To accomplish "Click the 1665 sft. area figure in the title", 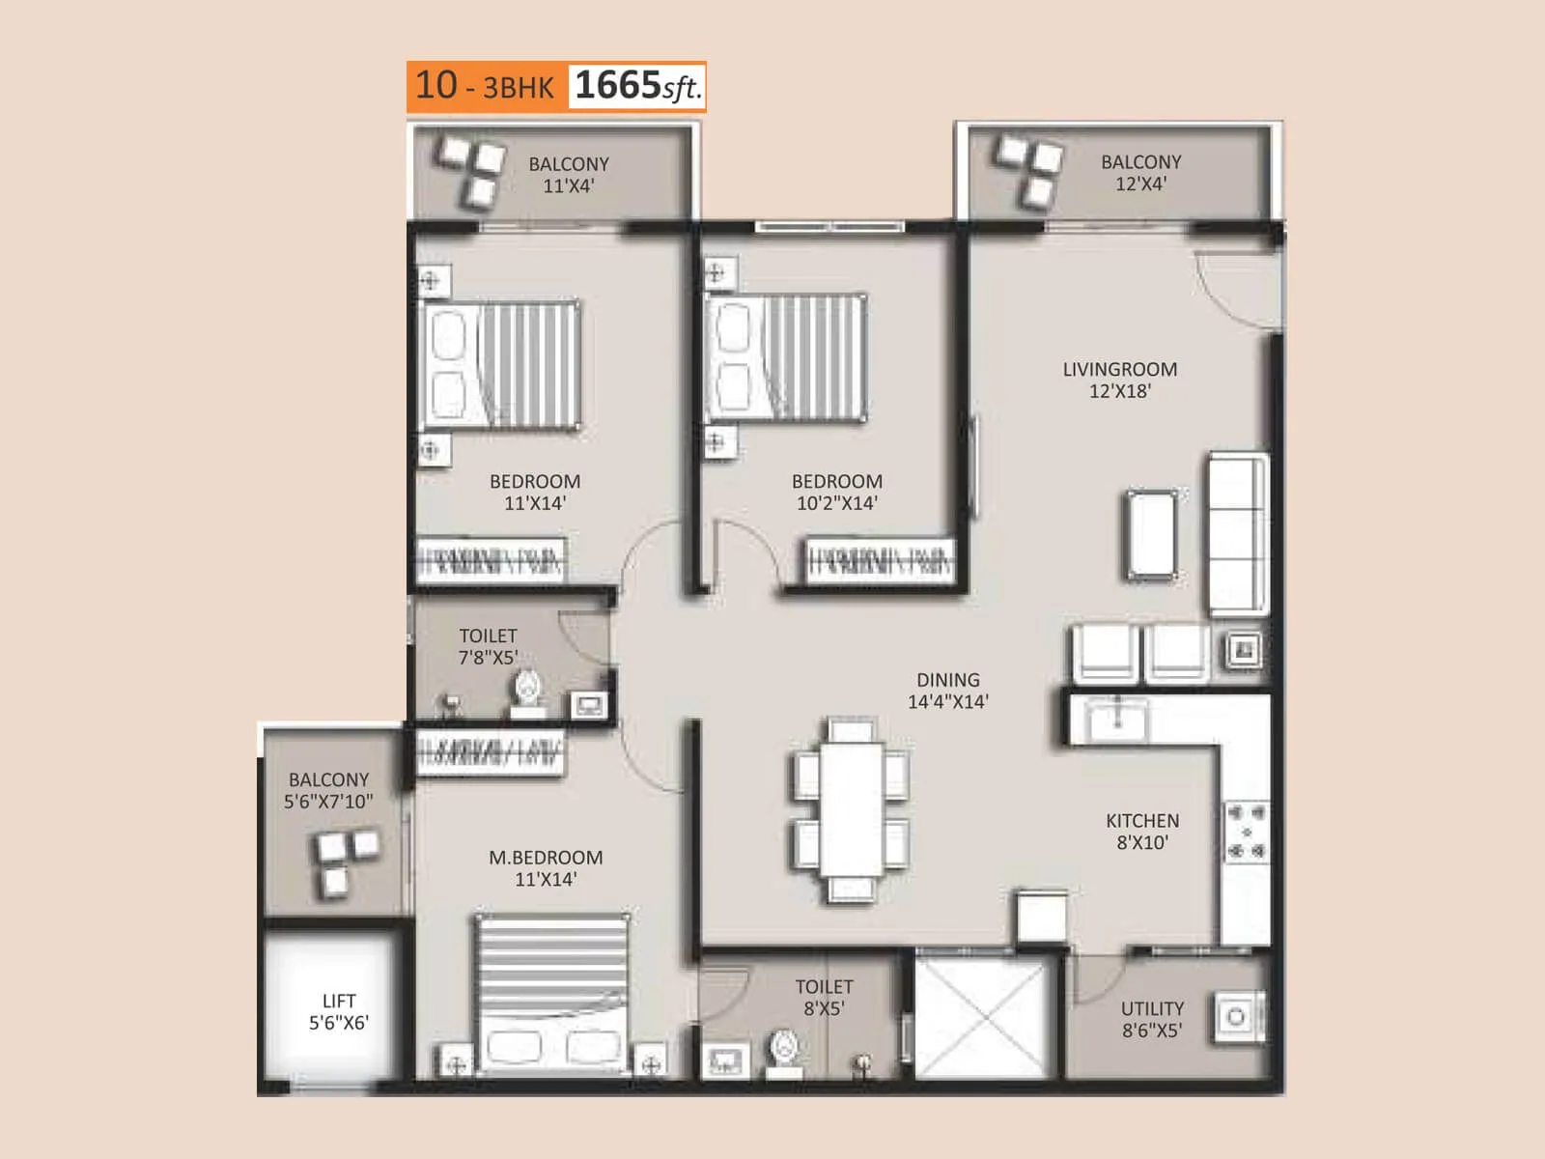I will (x=636, y=86).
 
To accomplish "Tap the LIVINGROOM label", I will (x=1119, y=369).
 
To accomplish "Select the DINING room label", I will (x=947, y=680).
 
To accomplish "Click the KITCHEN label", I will (x=1142, y=821).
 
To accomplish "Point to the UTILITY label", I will (x=1152, y=1008).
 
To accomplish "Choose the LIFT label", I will (x=339, y=1001).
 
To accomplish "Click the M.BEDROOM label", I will (x=546, y=858).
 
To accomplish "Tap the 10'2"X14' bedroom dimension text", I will (x=837, y=503).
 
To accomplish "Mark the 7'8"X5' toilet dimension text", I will (x=488, y=658).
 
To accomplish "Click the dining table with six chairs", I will (x=851, y=809).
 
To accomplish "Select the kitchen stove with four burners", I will (x=1246, y=832).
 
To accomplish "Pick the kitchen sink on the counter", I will (x=1116, y=720).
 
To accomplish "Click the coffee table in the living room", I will (x=1152, y=534).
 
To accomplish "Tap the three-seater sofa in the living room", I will (x=1238, y=533).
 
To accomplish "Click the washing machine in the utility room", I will (x=1236, y=1016).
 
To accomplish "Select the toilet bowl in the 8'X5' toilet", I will (x=785, y=1050).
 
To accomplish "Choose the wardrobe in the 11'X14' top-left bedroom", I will (x=491, y=559).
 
